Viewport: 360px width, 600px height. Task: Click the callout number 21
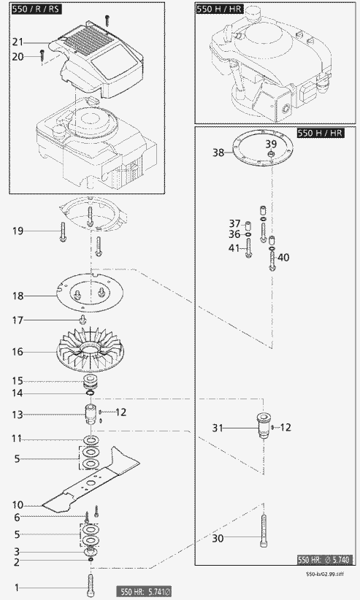[18, 42]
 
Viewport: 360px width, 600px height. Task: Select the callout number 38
[218, 153]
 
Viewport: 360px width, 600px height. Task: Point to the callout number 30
[218, 539]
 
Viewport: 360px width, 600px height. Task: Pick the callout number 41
[234, 249]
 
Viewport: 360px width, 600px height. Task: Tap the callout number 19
[18, 231]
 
